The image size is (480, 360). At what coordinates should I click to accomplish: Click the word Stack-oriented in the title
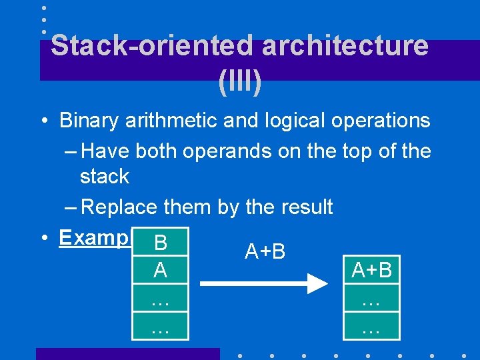(153, 46)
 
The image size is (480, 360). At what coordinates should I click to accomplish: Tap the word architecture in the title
(345, 46)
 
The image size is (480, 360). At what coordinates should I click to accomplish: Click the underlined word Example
(93, 238)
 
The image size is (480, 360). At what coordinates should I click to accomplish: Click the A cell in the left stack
(160, 270)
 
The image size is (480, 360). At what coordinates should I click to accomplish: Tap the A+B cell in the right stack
(371, 270)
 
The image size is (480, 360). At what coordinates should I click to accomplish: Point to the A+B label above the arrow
(265, 251)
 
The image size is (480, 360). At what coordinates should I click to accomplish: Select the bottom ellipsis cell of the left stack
(160, 327)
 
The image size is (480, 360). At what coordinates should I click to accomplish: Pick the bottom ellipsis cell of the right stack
(371, 327)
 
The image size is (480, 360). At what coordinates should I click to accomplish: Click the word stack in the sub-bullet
(105, 177)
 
